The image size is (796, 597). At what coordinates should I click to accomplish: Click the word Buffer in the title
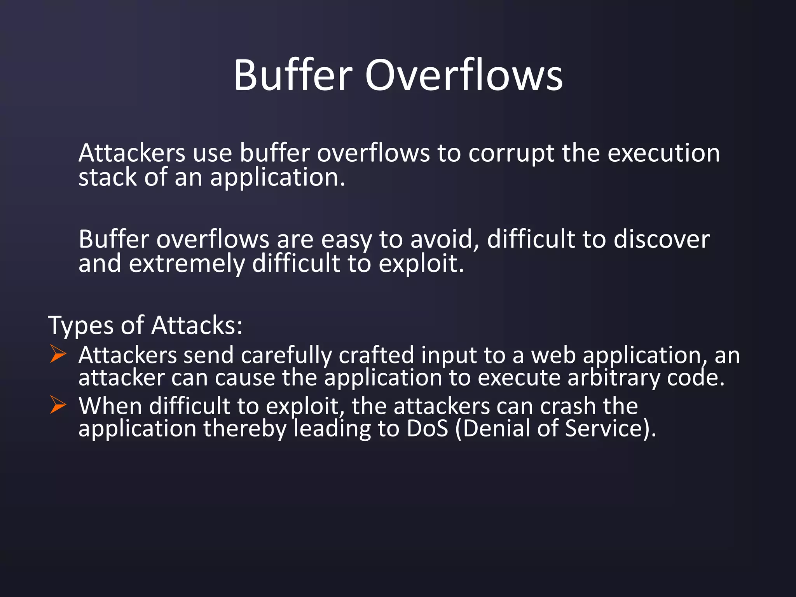coord(293,75)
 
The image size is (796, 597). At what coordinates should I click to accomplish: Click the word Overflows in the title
coord(464,75)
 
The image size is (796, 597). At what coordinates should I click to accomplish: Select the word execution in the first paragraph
coord(663,153)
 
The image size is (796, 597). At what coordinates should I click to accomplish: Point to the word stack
coord(108,177)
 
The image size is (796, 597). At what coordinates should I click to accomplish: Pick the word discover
coord(661,239)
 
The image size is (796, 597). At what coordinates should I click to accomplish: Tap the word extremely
coord(187,264)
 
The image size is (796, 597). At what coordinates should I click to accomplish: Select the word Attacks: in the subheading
coord(197,325)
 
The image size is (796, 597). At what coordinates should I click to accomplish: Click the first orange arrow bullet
coord(58,354)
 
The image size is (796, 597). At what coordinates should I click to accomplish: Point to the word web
coord(553,355)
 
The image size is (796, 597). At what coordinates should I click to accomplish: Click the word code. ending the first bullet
coord(696,378)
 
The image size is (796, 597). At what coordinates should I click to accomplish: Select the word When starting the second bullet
coord(110,406)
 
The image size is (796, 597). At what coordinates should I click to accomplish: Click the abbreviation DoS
coord(427,428)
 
